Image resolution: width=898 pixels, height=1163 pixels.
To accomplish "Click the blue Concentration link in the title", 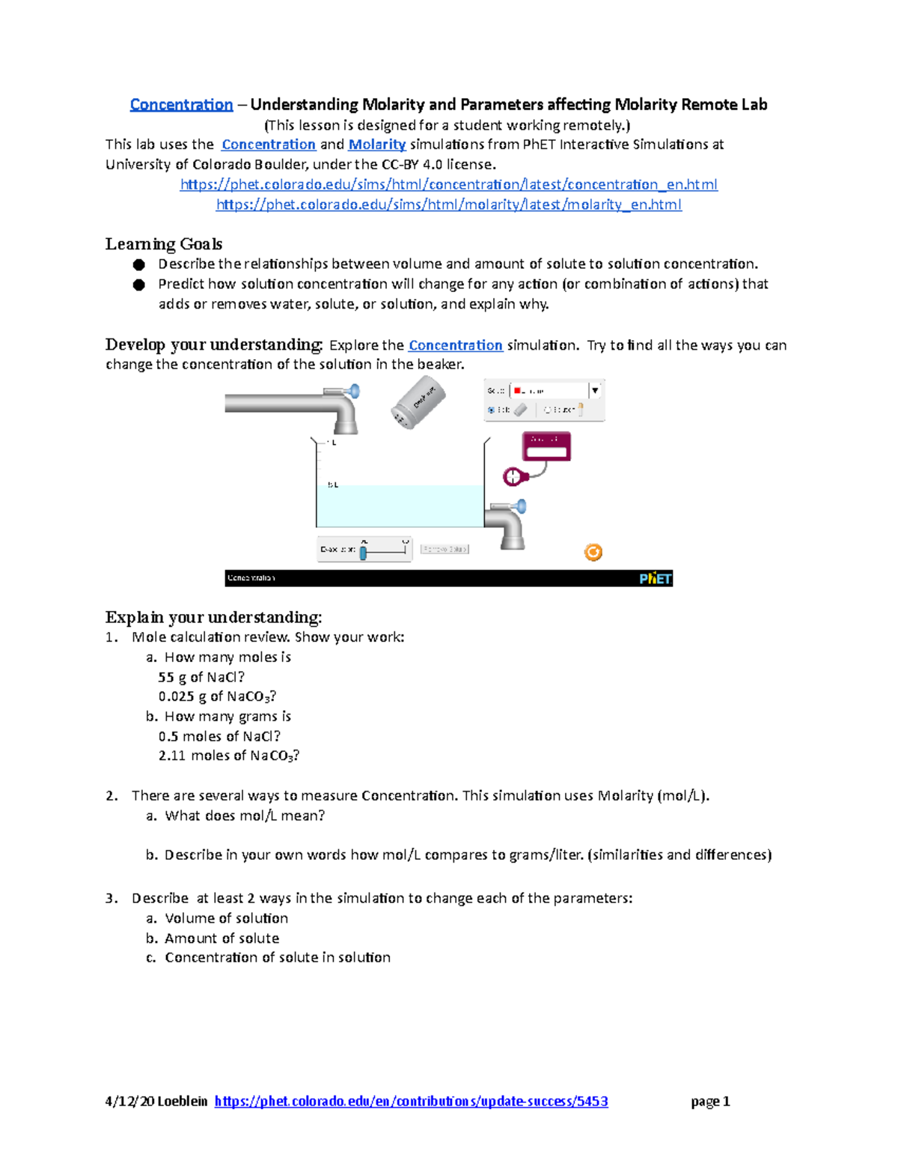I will pos(181,105).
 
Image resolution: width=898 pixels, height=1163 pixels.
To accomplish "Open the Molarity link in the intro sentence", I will pos(376,145).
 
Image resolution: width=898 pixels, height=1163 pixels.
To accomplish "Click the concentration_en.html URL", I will pos(448,184).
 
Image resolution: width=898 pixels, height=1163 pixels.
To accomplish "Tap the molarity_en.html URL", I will pos(448,204).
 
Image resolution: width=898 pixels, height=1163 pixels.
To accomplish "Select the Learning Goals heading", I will pos(163,244).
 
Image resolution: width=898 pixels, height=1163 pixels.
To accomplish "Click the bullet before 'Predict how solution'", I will pos(138,285).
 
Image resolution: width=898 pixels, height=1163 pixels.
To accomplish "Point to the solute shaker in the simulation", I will pos(418,403).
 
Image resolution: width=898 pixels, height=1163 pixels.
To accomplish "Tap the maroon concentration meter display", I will pos(546,447).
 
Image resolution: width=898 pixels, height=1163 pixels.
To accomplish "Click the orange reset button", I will pos(593,553).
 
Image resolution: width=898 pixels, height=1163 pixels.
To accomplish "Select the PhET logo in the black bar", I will pos(655,578).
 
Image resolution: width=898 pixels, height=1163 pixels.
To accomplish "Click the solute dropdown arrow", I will pos(595,391).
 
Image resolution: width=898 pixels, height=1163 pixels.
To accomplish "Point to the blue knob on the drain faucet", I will pos(521,507).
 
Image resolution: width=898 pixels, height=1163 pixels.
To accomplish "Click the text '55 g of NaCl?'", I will pos(201,677).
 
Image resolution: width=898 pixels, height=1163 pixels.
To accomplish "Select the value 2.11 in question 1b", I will pos(171,756).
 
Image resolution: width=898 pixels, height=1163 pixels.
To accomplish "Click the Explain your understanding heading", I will pos(213,617).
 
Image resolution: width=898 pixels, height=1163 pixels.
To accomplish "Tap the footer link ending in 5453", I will pos(411,1101).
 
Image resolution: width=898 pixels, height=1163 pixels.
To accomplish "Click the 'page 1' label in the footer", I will pos(710,1101).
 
